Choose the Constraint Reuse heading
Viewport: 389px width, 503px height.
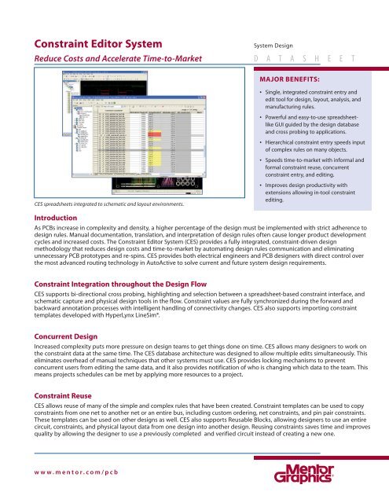(x=61, y=395)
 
